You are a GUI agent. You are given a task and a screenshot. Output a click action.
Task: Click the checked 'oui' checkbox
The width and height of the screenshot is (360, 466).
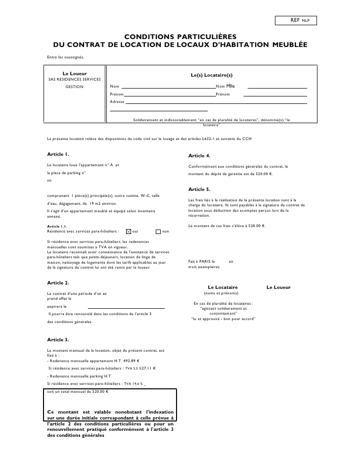(129, 231)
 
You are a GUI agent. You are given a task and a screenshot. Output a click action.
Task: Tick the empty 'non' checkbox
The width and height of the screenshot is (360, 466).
(158, 231)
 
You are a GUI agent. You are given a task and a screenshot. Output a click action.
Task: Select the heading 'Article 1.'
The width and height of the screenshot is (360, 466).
(58, 154)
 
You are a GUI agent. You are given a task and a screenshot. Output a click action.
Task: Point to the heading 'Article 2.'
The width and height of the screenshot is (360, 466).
(58, 283)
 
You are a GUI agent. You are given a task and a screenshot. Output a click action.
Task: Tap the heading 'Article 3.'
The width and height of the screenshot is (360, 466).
(58, 340)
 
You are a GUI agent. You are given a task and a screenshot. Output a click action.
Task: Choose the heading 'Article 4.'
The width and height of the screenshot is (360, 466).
(200, 156)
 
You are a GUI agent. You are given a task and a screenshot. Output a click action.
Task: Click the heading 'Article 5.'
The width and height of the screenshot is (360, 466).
(200, 189)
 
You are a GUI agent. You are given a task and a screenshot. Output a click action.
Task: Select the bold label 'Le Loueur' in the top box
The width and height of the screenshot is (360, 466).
(75, 74)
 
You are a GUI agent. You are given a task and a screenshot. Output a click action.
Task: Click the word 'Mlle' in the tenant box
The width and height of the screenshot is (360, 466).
(230, 86)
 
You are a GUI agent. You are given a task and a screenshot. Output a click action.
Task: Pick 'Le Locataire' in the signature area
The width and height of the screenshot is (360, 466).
(223, 287)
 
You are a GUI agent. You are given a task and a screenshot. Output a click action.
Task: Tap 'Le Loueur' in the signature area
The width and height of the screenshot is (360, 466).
(278, 287)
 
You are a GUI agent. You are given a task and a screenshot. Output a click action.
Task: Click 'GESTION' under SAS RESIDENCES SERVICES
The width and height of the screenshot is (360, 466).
(75, 87)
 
